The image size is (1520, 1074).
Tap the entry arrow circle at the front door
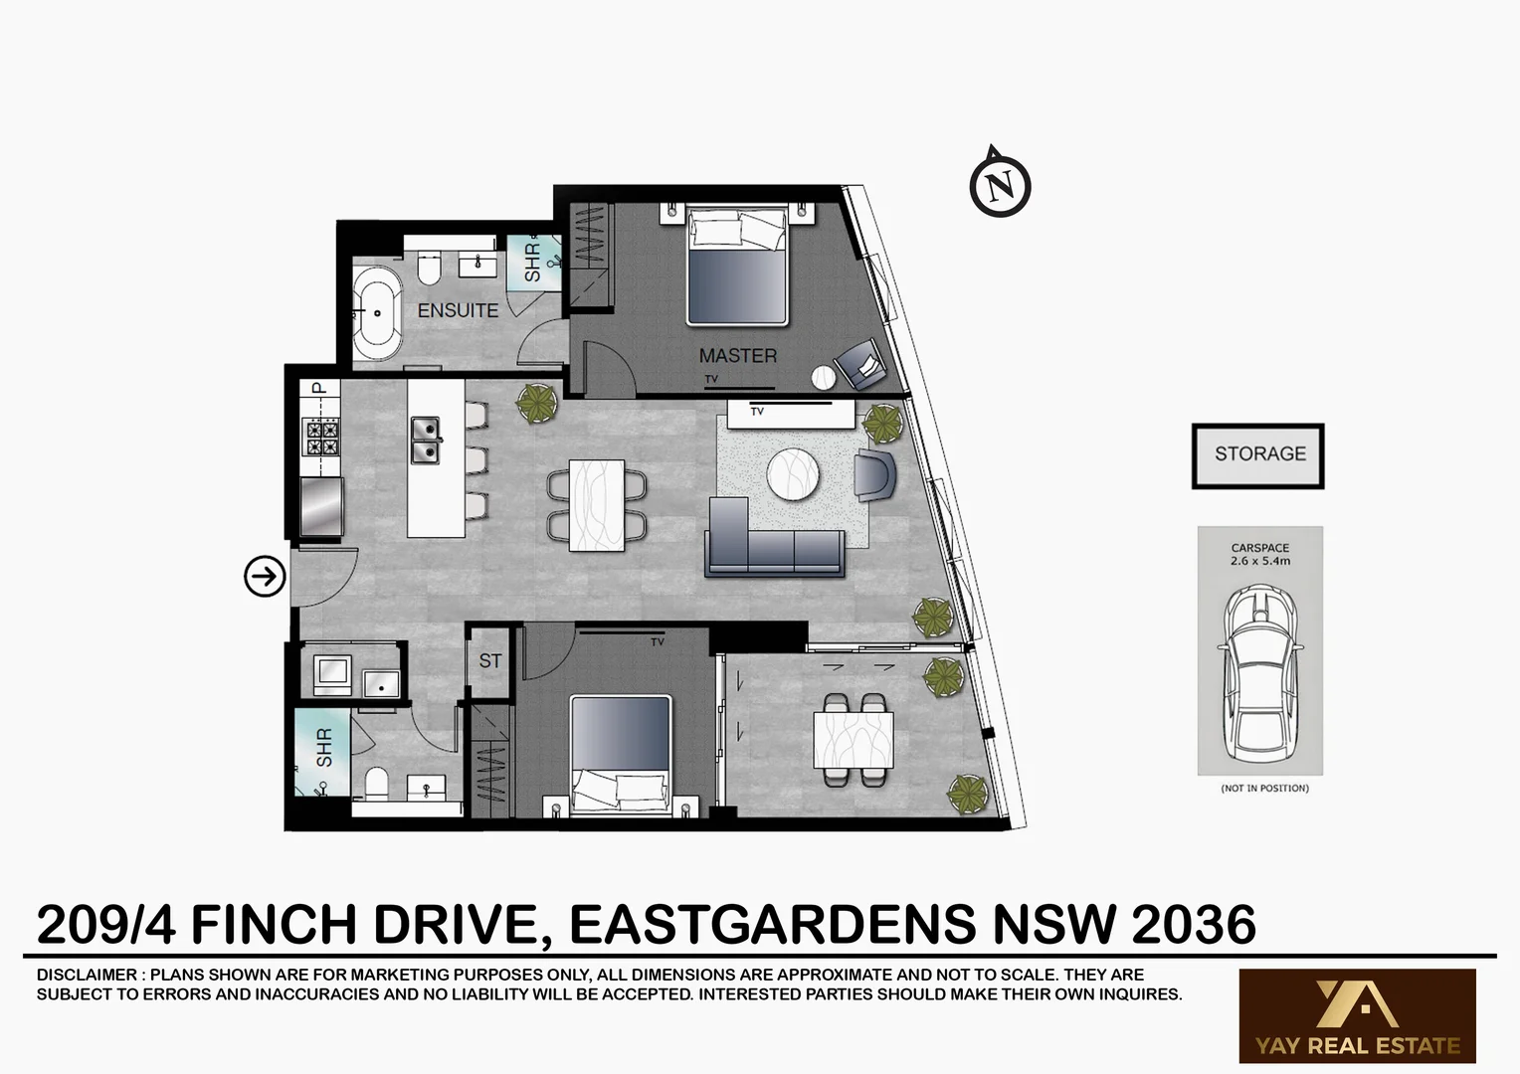pyautogui.click(x=265, y=576)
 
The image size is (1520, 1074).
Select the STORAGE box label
pyautogui.click(x=1258, y=454)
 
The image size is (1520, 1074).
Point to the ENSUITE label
pyautogui.click(x=458, y=310)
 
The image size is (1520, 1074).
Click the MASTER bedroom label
pyautogui.click(x=737, y=355)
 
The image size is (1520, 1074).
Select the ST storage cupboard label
pyautogui.click(x=490, y=661)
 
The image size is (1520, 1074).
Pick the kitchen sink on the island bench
pyautogui.click(x=426, y=441)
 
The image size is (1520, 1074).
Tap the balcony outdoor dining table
pyautogui.click(x=853, y=741)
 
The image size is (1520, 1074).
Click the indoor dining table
pyautogui.click(x=597, y=505)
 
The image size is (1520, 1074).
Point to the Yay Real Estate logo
pyautogui.click(x=1357, y=1015)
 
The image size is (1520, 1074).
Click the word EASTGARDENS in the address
pyautogui.click(x=773, y=925)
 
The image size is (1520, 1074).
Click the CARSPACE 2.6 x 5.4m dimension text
pyautogui.click(x=1259, y=555)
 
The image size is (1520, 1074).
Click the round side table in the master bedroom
pyautogui.click(x=824, y=378)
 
